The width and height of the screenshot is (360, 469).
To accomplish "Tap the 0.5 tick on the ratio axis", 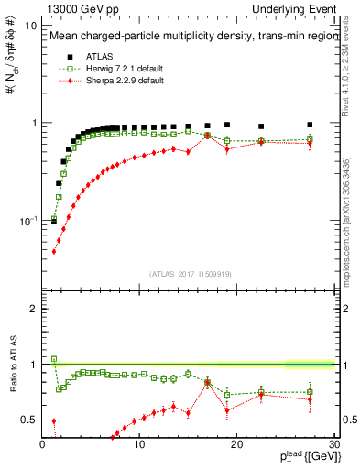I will [29, 420].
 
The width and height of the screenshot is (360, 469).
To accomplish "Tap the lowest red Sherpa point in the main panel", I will [54, 251].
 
